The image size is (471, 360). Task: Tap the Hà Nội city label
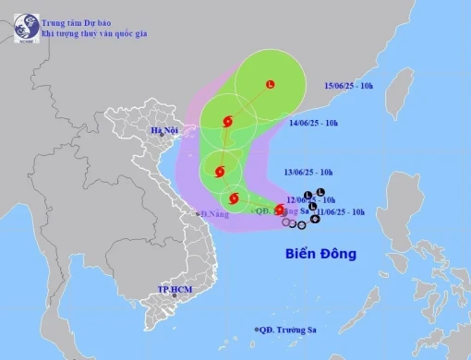163,130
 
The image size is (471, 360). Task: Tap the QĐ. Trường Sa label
291,330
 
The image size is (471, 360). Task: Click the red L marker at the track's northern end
270,85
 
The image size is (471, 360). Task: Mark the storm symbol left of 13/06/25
219,171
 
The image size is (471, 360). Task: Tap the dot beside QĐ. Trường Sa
255,330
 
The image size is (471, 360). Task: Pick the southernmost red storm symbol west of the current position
234,198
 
